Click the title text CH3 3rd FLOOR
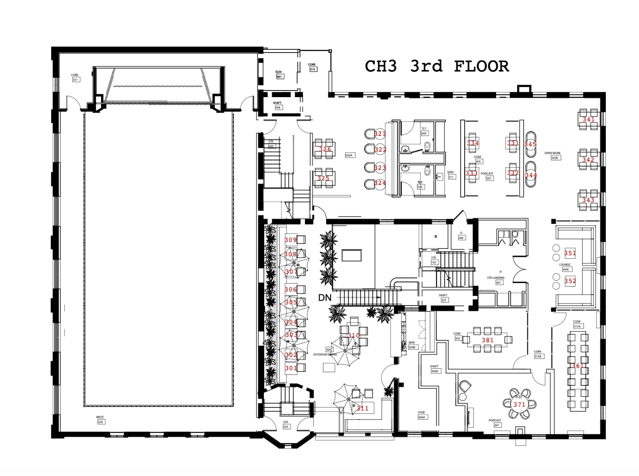pos(436,66)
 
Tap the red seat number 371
pos(519,404)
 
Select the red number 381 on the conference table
pos(488,340)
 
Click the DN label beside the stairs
pos(325,298)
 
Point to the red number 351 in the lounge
pos(570,253)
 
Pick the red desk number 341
pos(589,119)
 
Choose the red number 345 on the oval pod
pos(530,144)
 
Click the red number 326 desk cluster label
pos(325,149)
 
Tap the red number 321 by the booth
pos(380,134)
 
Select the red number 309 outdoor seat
pos(291,240)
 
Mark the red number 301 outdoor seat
pos(291,368)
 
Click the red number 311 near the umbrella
pos(362,408)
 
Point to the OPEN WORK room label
pos(553,153)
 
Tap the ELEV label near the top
pos(278,72)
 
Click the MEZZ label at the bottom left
pos(100,417)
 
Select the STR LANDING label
pos(496,278)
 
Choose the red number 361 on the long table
pos(578,366)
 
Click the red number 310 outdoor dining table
pos(354,336)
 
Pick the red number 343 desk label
pos(588,200)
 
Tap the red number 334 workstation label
pos(473,143)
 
